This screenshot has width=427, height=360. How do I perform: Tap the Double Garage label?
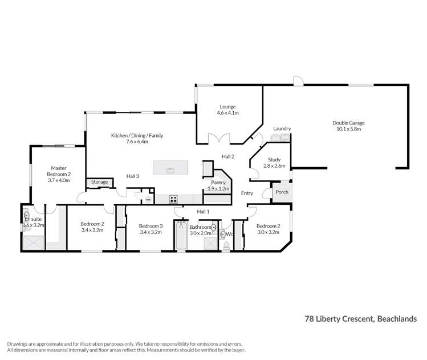[x=348, y=123]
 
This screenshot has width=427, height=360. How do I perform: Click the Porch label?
[x=282, y=192]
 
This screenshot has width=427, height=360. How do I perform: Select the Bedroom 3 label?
[x=151, y=225]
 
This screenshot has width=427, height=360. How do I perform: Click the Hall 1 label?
[x=204, y=212]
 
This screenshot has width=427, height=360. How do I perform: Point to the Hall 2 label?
[x=229, y=156]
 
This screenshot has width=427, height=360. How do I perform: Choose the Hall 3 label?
[x=133, y=176]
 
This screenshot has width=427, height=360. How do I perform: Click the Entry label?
[x=247, y=193]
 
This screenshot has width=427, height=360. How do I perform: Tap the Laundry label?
[x=282, y=128]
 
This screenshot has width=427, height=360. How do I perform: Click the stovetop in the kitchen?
[x=173, y=199]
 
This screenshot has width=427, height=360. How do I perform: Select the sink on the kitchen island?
[x=170, y=169]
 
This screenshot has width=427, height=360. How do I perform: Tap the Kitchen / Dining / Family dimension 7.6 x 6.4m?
[x=129, y=141]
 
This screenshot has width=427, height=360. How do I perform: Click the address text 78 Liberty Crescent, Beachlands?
[x=361, y=319]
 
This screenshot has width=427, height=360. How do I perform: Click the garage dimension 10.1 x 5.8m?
[x=348, y=130]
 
